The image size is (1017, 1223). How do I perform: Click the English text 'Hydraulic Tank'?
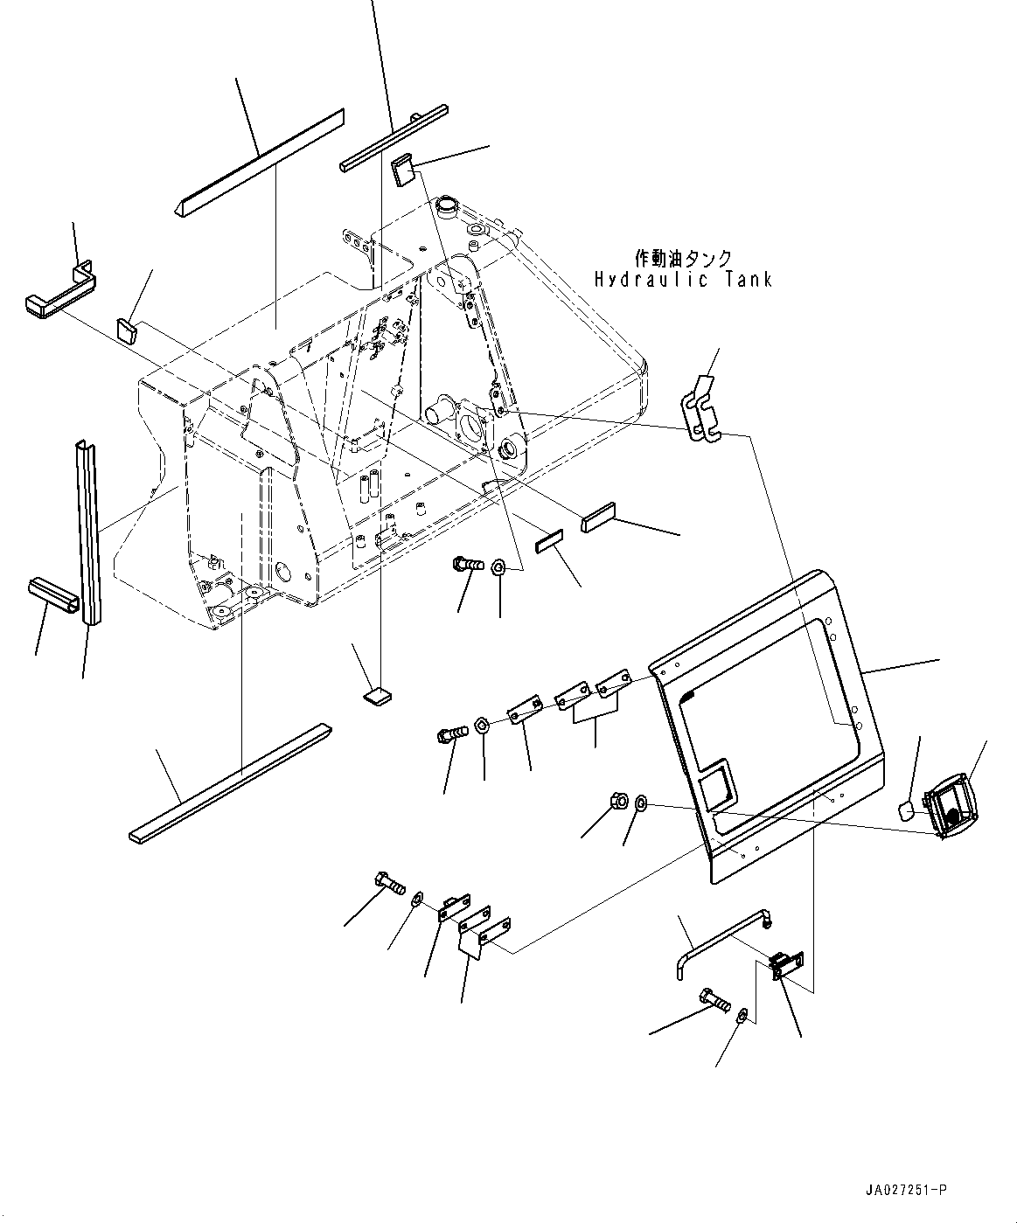pyautogui.click(x=683, y=280)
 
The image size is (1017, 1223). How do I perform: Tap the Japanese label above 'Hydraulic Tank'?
pyautogui.click(x=683, y=259)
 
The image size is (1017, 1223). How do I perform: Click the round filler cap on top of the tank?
pyautogui.click(x=448, y=208)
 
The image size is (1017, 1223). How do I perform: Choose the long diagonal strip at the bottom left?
pyautogui.click(x=231, y=782)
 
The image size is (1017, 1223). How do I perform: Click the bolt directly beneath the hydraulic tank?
pyautogui.click(x=468, y=566)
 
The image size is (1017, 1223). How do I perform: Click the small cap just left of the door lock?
pyautogui.click(x=909, y=810)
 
